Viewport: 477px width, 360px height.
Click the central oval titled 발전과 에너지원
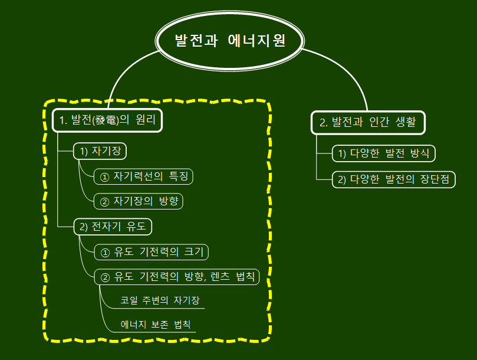(x=230, y=41)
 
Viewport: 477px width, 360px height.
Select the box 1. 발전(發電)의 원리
(x=107, y=121)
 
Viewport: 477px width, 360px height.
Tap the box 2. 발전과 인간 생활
(x=368, y=123)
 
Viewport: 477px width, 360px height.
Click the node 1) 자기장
(x=100, y=151)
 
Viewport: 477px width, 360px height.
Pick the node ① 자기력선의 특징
(x=143, y=176)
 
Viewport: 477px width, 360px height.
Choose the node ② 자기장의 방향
(x=139, y=201)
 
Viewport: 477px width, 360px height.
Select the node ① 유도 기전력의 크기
(x=152, y=252)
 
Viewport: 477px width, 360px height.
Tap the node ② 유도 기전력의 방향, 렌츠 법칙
(x=176, y=277)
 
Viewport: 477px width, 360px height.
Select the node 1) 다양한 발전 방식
(x=383, y=154)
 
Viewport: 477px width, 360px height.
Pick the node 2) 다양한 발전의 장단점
(x=394, y=179)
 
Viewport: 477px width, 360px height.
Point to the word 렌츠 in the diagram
(x=219, y=277)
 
